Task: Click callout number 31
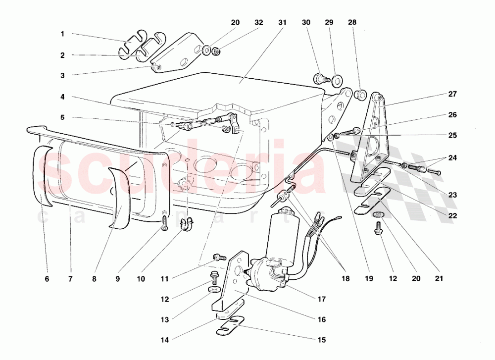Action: (x=282, y=23)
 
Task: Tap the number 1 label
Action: (x=63, y=34)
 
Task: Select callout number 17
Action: (x=322, y=299)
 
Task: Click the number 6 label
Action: (x=47, y=279)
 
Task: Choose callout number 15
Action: (x=322, y=340)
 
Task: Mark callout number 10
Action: (x=141, y=279)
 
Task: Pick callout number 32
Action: (x=259, y=23)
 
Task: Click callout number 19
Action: (x=369, y=279)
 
